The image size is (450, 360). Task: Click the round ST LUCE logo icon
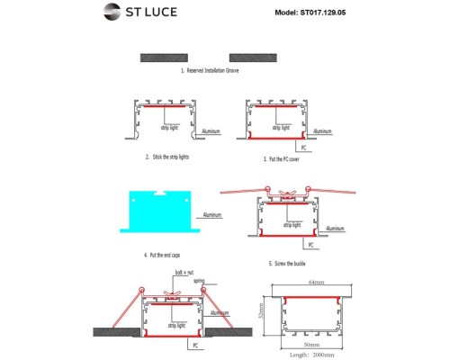coord(112,13)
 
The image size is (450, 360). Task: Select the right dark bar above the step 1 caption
coord(256,57)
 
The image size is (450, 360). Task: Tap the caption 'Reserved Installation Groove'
coord(214,69)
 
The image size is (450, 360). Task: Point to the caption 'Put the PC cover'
coord(282,158)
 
